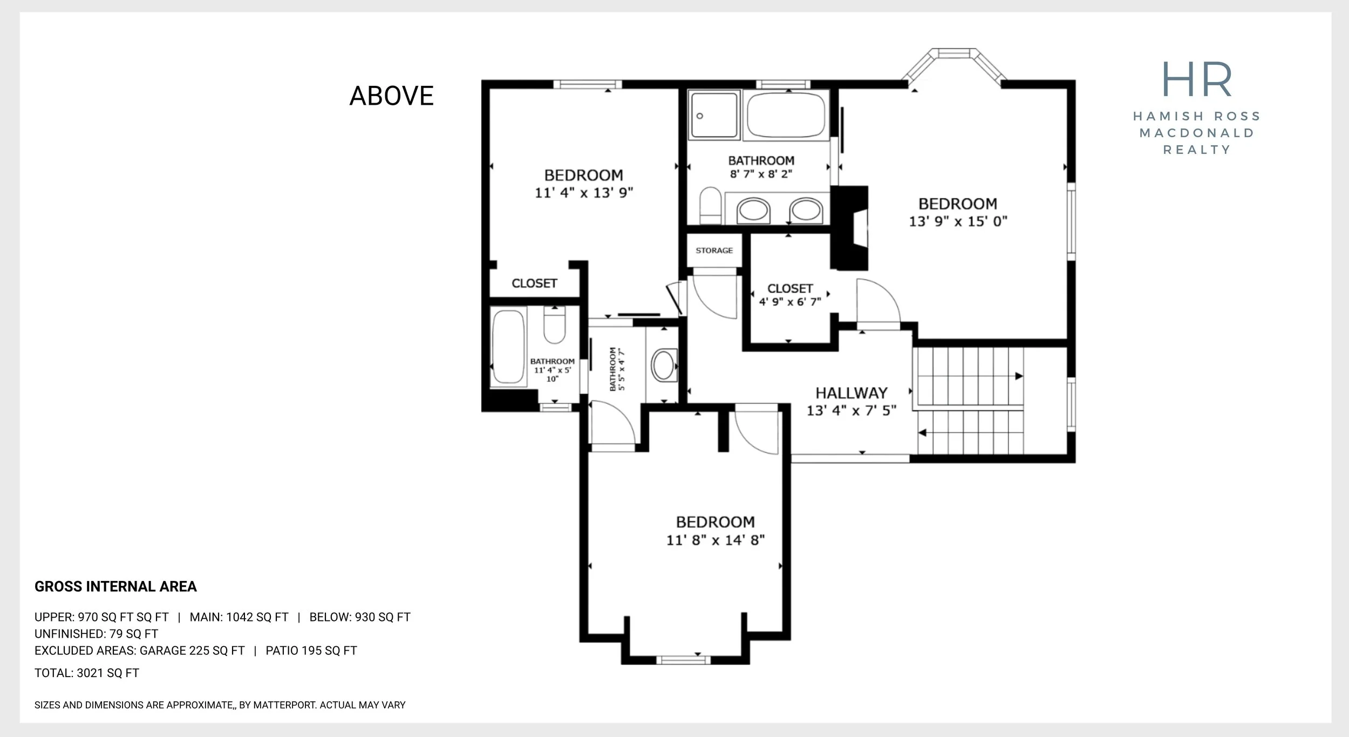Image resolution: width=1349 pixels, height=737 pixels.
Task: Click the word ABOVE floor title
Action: pyautogui.click(x=392, y=96)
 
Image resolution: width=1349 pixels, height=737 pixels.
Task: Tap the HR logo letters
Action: pyautogui.click(x=1197, y=79)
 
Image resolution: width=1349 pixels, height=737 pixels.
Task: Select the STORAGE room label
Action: pyautogui.click(x=714, y=251)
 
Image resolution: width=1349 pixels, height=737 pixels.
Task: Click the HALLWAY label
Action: pyautogui.click(x=851, y=393)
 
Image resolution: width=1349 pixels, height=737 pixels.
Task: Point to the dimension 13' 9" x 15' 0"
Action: pyautogui.click(x=958, y=221)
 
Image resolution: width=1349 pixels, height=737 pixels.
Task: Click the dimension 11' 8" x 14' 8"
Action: pyautogui.click(x=716, y=540)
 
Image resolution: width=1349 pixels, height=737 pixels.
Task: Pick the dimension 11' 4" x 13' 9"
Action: pyautogui.click(x=584, y=193)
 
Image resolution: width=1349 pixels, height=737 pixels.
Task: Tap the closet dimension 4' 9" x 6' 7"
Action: pyautogui.click(x=790, y=302)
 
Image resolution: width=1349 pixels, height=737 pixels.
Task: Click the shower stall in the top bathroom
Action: pyautogui.click(x=714, y=114)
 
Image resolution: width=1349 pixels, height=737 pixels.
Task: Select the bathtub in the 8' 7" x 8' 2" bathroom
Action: pyautogui.click(x=786, y=115)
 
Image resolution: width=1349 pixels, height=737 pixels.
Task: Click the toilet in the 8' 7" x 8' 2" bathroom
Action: pyautogui.click(x=710, y=206)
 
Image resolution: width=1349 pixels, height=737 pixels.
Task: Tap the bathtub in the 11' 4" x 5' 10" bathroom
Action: pyautogui.click(x=508, y=346)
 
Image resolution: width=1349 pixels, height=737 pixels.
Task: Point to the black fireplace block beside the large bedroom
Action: pyautogui.click(x=849, y=228)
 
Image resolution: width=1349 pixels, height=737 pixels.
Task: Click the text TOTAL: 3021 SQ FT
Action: pyautogui.click(x=87, y=673)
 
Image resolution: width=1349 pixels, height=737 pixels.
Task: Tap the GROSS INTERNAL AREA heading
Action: pyautogui.click(x=115, y=586)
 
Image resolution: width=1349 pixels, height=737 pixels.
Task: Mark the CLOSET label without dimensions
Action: pyautogui.click(x=534, y=283)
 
